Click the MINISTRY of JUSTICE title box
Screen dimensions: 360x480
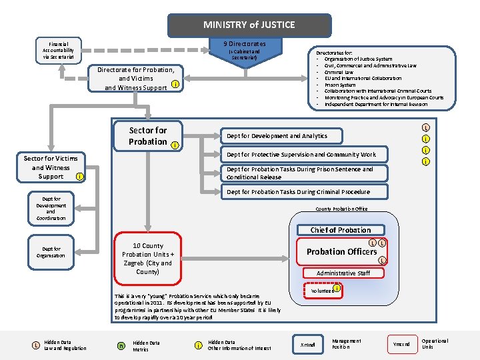[249, 25]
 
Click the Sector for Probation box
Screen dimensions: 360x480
[147, 136]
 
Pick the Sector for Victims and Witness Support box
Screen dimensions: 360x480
[51, 167]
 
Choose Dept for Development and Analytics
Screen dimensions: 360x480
[277, 136]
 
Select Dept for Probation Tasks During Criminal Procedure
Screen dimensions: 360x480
[297, 192]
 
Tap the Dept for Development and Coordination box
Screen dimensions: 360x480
[51, 208]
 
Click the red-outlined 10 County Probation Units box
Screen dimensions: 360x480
[147, 259]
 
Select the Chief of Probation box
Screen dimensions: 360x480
[341, 230]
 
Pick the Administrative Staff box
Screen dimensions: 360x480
[343, 273]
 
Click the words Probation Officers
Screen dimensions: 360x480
[341, 251]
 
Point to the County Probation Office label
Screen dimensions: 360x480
[341, 209]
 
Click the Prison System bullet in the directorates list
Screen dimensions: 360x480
[339, 85]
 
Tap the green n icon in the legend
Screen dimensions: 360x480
[121, 345]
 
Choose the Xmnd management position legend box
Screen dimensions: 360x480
[307, 344]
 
